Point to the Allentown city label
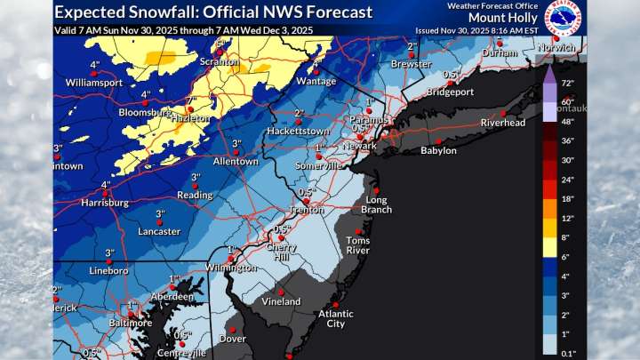[x=236, y=162]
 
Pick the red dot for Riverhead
[x=503, y=113]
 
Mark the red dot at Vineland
[x=281, y=292]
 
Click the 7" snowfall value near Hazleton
[x=189, y=100]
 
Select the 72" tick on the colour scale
[x=567, y=84]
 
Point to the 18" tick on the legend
[x=567, y=198]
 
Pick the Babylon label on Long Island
[x=438, y=151]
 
